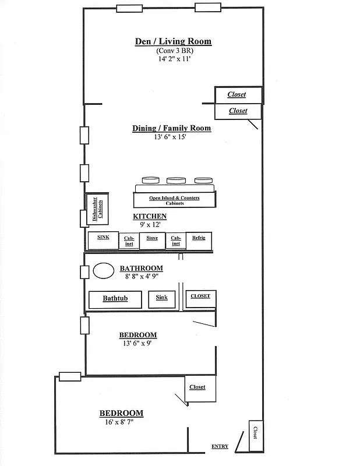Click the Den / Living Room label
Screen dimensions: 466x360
173,41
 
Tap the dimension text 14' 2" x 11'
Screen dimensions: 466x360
173,59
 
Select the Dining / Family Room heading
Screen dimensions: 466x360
171,128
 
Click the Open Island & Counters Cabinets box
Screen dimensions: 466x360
174,200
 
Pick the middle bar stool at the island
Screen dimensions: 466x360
177,180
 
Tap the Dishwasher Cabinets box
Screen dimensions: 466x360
96,209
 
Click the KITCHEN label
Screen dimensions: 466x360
150,217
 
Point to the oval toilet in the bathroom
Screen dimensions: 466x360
104,271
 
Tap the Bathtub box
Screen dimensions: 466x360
115,299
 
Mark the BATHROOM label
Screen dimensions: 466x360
142,269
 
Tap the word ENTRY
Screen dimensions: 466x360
220,447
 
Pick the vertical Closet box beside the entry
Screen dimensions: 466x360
255,435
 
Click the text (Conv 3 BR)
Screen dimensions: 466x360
173,51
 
